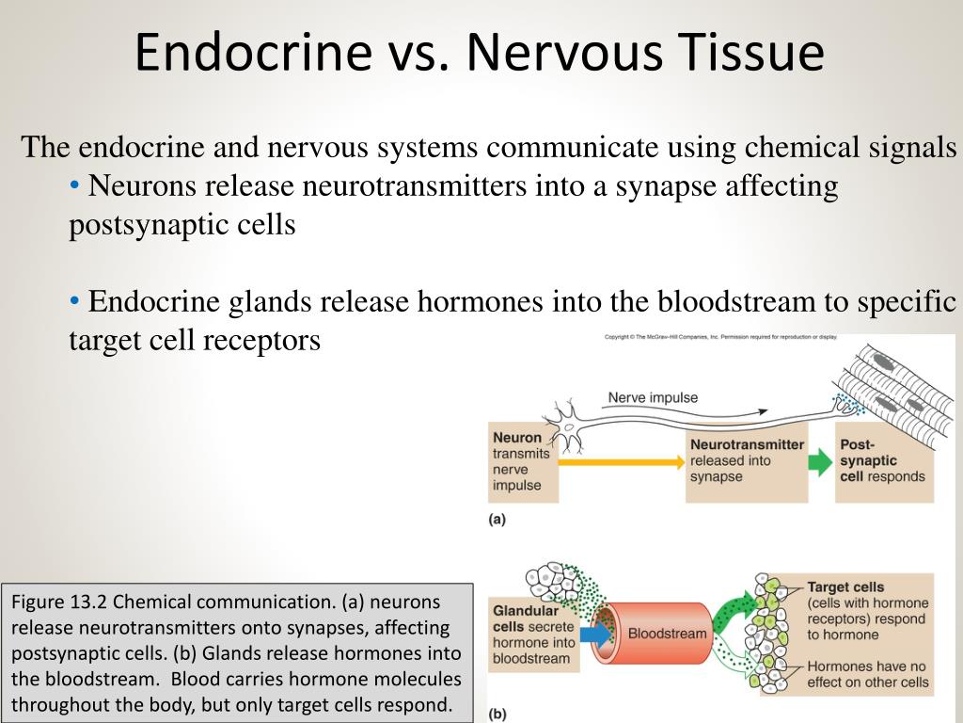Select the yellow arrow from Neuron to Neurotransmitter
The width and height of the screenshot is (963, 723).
[621, 461]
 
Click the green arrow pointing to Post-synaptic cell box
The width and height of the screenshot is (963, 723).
[820, 461]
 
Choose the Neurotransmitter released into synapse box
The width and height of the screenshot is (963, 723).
[747, 460]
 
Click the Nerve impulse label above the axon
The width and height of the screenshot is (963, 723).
[653, 397]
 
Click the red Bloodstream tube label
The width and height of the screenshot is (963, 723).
[666, 634]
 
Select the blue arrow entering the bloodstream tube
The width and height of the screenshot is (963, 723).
[594, 634]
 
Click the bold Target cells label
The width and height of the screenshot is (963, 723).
[845, 586]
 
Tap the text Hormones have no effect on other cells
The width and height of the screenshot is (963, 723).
[867, 674]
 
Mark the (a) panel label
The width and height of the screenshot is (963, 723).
[497, 520]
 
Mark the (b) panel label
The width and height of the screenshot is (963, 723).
[497, 714]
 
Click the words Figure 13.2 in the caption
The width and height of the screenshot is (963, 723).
[55, 602]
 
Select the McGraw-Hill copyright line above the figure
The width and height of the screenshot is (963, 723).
[719, 337]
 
